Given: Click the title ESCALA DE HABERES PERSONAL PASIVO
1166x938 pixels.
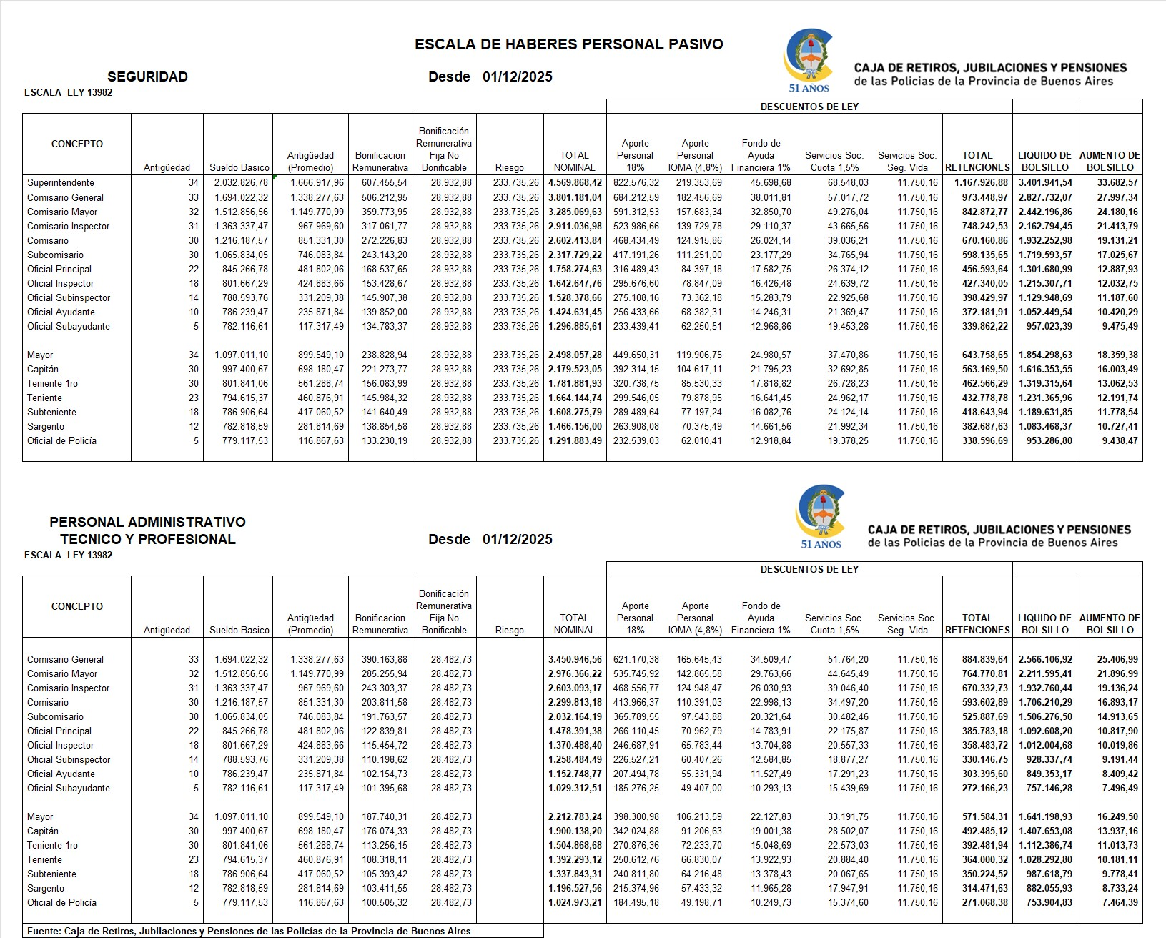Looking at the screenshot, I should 568,44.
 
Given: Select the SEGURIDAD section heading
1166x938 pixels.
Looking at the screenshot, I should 147,77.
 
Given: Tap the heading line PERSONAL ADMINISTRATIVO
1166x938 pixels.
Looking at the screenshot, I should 147,523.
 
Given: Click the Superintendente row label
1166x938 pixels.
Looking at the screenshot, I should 61,183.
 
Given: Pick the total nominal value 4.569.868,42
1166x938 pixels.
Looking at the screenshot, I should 575,183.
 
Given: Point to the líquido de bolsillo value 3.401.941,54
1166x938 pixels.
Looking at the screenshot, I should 1044,183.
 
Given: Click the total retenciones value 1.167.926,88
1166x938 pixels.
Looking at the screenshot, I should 981,183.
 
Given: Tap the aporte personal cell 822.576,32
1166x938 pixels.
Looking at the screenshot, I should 636,183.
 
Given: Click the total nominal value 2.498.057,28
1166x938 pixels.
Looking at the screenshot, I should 575,355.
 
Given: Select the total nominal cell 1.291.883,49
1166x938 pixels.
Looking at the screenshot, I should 575,441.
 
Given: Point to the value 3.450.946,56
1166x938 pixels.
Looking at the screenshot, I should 575,660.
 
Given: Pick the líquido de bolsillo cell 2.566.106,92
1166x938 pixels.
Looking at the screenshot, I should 1044,660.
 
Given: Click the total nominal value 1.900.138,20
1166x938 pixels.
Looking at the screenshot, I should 575,831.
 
